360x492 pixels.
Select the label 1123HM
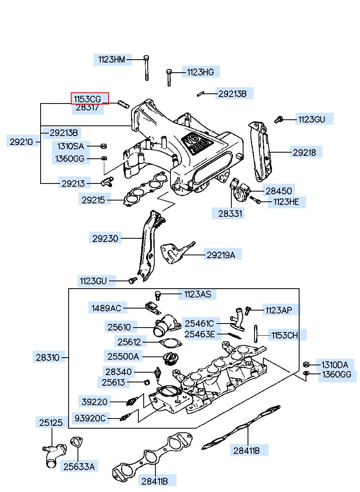pos(112,60)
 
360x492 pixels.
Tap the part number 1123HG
pos(200,72)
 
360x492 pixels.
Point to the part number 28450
pos(278,190)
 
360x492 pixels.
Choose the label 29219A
pos(221,255)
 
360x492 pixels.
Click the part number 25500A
pos(123,356)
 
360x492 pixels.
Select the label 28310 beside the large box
pos(47,358)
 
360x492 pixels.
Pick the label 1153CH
pos(285,335)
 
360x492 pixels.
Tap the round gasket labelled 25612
pos(169,343)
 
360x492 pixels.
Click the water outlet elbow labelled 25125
pos(54,454)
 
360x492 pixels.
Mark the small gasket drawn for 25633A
pos(76,442)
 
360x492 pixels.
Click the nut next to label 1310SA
pos(103,146)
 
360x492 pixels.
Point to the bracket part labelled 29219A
pos(175,252)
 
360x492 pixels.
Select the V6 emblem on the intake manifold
pos(198,144)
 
